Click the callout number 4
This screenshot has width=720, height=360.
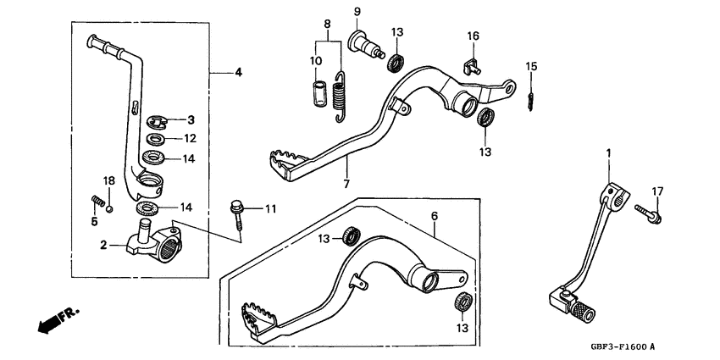click(x=238, y=73)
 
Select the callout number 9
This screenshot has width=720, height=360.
click(x=357, y=11)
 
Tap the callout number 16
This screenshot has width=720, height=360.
click(x=474, y=36)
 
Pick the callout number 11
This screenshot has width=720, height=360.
click(x=270, y=208)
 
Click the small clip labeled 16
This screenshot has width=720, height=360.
click(x=473, y=64)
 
